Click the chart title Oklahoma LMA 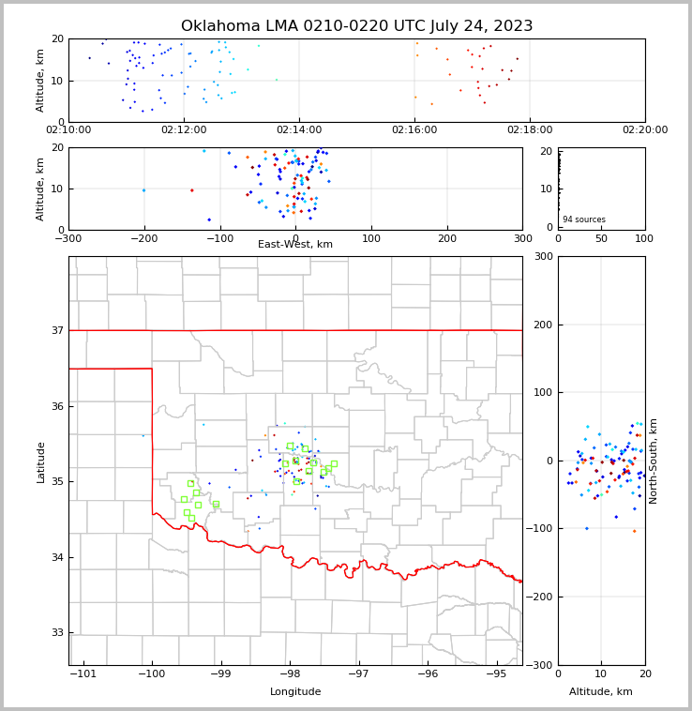tap(356, 26)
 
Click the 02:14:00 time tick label tap(298, 130)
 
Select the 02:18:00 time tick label tap(530, 130)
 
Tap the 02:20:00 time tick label tap(645, 130)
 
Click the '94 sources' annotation tap(584, 219)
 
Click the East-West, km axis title tap(295, 245)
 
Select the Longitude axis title tap(295, 691)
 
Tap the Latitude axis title tap(40, 461)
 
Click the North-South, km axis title tap(654, 461)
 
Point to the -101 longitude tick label tap(83, 674)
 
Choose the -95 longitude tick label tap(496, 674)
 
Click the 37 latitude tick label tap(56, 330)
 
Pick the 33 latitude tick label tap(56, 632)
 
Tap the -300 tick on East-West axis tap(68, 239)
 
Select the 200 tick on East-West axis tap(447, 239)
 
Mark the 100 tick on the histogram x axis tap(644, 239)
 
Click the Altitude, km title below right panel tap(601, 691)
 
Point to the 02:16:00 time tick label tap(414, 130)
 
